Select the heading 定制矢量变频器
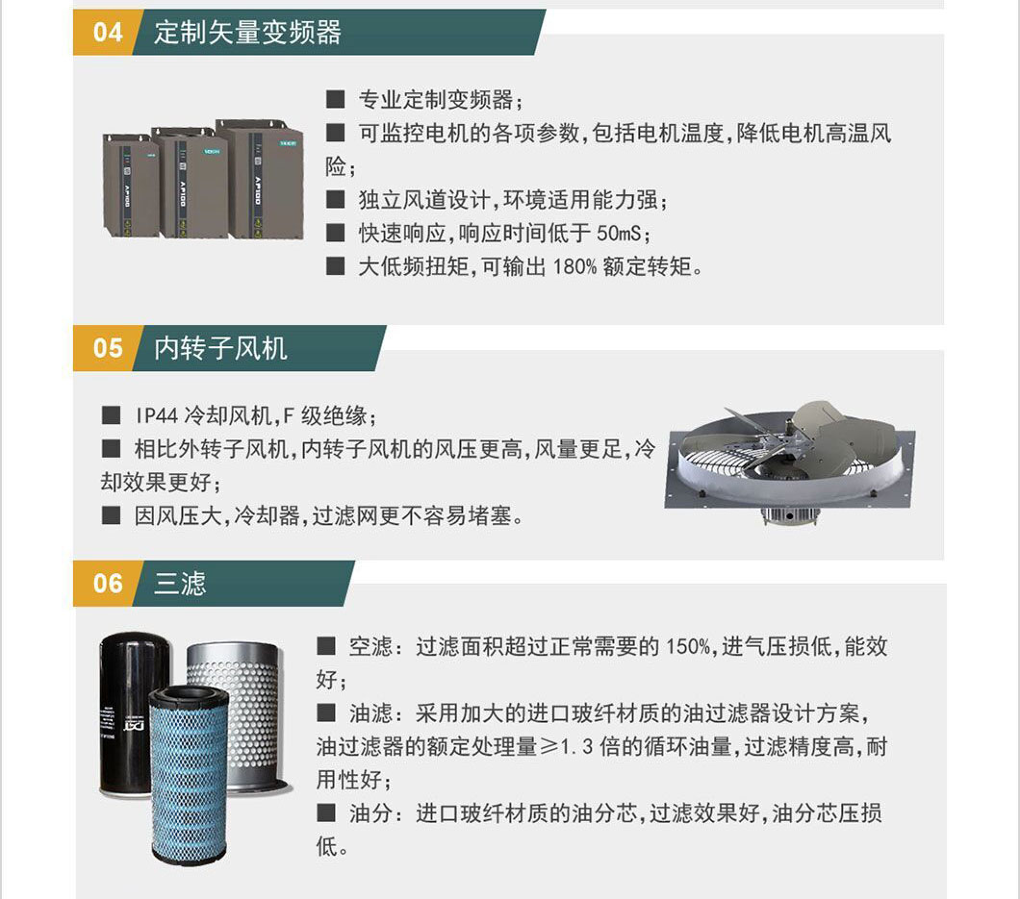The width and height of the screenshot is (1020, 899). pos(247,33)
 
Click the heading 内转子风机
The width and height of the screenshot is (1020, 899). pos(220,348)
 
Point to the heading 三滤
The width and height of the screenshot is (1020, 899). pos(180,583)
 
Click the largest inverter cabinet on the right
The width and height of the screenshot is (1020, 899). pos(260,179)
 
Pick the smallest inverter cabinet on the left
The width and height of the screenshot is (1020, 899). pos(130,186)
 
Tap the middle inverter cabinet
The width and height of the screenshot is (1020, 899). pos(189,184)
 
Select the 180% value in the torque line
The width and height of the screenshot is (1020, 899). pos(574,266)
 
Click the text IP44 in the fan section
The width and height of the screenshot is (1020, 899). pos(156,415)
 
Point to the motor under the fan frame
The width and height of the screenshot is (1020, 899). pos(790,516)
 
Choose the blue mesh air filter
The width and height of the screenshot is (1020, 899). pos(190,777)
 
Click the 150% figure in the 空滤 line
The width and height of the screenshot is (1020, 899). pos(688,647)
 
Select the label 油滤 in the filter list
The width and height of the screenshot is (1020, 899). pos(371,713)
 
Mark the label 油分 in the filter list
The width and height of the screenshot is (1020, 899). pos(371,813)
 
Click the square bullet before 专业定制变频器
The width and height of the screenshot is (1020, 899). pos(335,99)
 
